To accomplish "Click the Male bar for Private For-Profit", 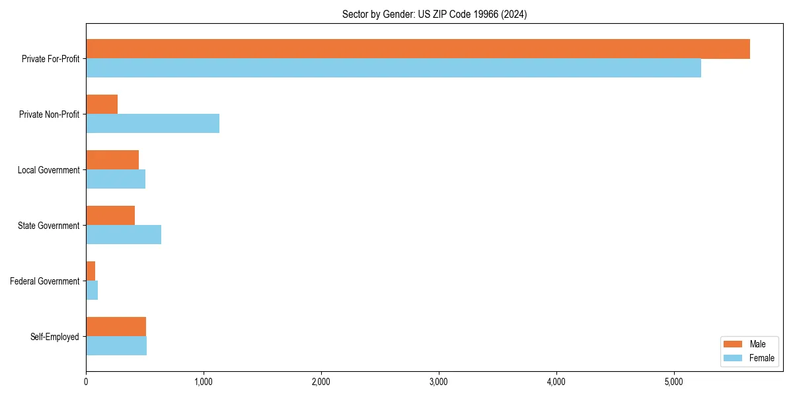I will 418,49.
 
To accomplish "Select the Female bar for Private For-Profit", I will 393,68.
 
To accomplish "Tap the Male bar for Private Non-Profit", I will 102,105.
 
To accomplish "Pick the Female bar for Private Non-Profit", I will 153,124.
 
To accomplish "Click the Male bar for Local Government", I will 112,160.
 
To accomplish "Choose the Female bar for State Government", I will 124,235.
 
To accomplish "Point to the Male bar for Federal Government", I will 91,271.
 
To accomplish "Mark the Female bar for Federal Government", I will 92,290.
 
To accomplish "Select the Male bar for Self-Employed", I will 116,327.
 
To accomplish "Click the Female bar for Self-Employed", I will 116,346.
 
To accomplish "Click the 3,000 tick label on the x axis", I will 439,382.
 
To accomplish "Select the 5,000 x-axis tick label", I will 674,382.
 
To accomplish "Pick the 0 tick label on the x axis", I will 86,382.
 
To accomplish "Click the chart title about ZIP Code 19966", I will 434,15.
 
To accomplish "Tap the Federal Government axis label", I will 45,281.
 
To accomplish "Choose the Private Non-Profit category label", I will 49,114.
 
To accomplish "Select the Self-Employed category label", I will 55,337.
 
